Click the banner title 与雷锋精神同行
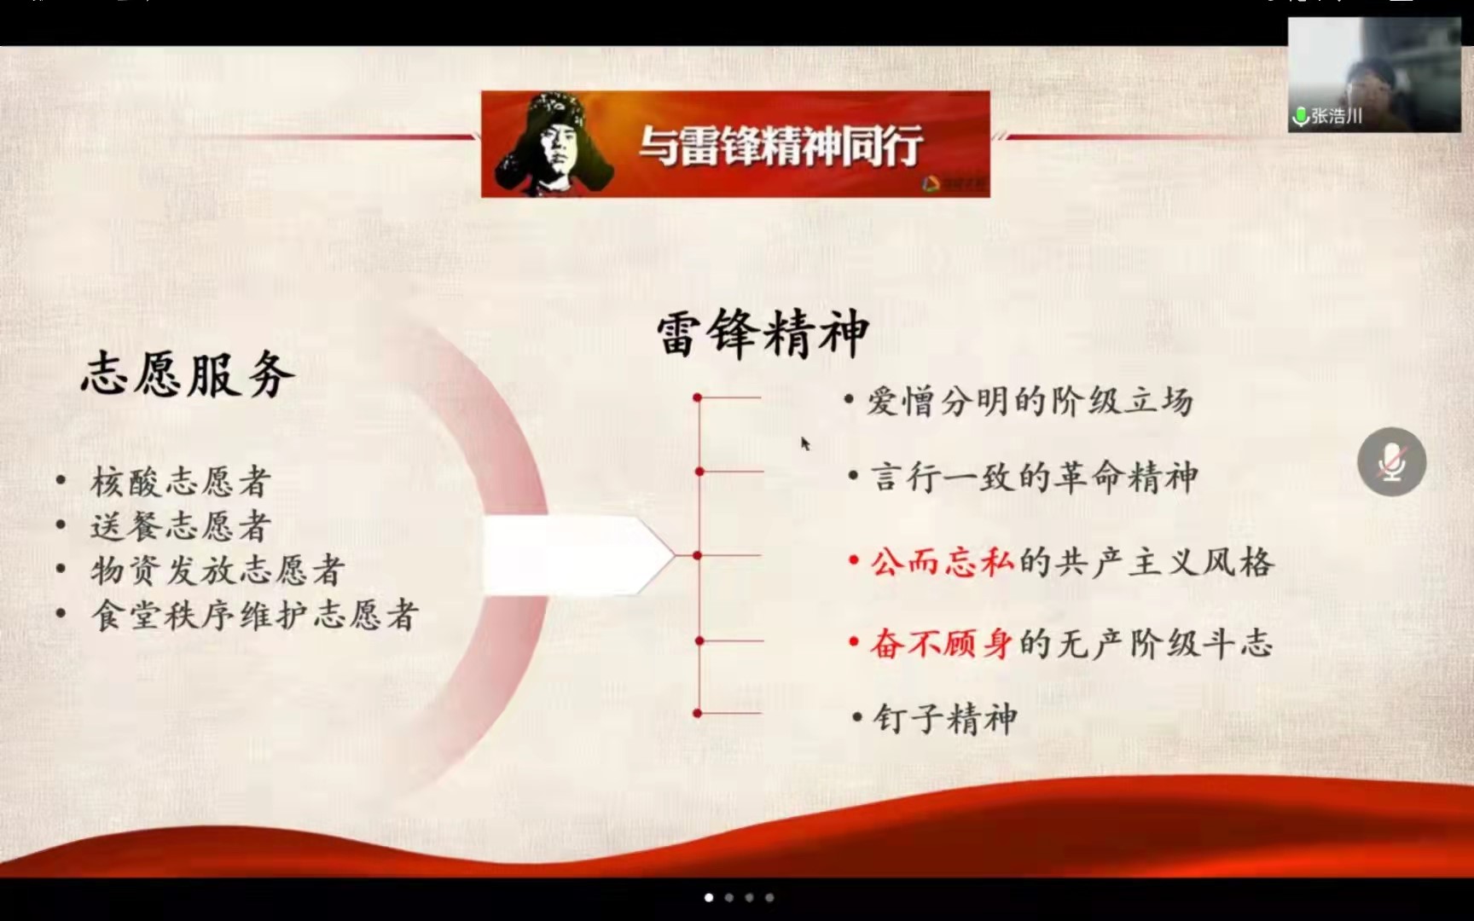781,145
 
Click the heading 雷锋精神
763,333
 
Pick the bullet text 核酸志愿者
181,482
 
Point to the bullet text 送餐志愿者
181,526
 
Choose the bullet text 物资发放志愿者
218,571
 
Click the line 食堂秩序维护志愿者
255,615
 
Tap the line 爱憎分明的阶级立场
1030,401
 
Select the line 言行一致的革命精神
1034,477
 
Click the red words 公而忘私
943,562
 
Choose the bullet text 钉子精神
945,718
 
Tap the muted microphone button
1391,461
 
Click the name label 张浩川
1337,116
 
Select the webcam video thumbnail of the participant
1374,74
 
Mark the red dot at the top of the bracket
698,397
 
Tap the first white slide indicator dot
709,897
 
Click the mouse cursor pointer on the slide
805,443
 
